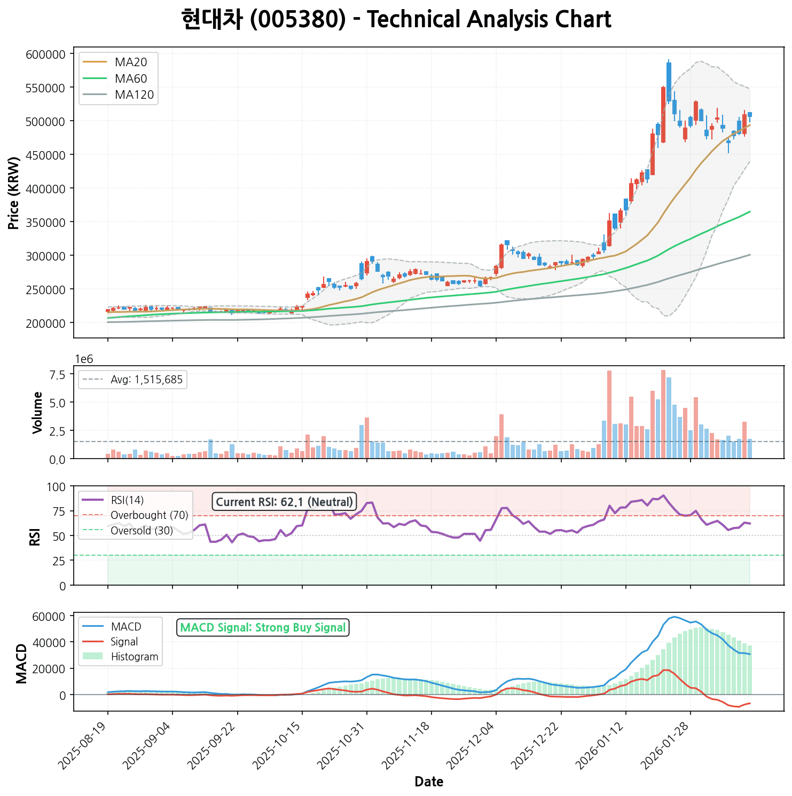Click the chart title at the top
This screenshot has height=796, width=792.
(396, 20)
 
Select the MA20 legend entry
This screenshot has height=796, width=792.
(130, 62)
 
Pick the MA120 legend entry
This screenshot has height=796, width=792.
(134, 95)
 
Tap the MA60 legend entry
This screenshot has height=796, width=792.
(130, 78)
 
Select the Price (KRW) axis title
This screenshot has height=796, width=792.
(14, 193)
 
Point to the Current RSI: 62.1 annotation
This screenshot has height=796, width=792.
(284, 502)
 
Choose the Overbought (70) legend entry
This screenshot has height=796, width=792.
(150, 515)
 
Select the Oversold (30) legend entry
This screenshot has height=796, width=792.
(142, 531)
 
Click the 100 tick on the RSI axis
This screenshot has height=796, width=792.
(55, 487)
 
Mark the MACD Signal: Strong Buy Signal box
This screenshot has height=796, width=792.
(263, 627)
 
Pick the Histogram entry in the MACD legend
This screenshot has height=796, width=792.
(135, 657)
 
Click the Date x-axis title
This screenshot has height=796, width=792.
(429, 782)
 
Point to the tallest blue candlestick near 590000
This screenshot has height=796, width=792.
(669, 82)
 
